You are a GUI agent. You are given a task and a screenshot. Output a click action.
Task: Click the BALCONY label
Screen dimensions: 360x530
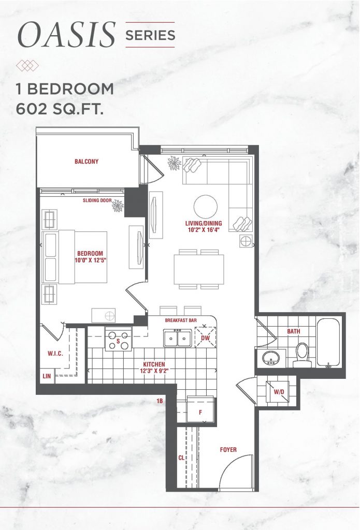pyautogui.click(x=87, y=161)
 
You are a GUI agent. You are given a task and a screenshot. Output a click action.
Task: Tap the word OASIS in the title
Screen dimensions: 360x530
pyautogui.click(x=67, y=35)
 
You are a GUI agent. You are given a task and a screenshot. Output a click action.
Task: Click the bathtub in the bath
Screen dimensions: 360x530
pyautogui.click(x=328, y=343)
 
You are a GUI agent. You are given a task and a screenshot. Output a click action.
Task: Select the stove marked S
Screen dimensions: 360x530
pyautogui.click(x=118, y=340)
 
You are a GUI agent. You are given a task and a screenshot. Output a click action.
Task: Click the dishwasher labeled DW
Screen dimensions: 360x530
pyautogui.click(x=205, y=337)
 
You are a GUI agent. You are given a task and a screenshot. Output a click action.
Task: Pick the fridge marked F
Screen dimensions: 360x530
pyautogui.click(x=200, y=410)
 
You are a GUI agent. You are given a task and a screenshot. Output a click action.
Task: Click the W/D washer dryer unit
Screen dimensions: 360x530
pyautogui.click(x=278, y=391)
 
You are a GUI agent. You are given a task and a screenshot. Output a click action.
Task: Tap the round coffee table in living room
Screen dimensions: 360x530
pyautogui.click(x=206, y=207)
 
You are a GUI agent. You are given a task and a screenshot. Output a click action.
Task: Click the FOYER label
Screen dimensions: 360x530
pyautogui.click(x=228, y=450)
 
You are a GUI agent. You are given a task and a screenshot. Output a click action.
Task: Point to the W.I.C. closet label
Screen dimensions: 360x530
pyautogui.click(x=55, y=354)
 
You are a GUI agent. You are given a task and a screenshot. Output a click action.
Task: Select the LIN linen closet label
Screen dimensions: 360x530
pyautogui.click(x=47, y=376)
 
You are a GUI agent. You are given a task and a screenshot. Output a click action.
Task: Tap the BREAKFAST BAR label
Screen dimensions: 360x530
pyautogui.click(x=181, y=320)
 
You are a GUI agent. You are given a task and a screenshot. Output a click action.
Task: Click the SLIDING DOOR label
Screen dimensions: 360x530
pyautogui.click(x=97, y=200)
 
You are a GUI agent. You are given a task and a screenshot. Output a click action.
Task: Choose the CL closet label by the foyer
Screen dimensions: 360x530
pyautogui.click(x=181, y=458)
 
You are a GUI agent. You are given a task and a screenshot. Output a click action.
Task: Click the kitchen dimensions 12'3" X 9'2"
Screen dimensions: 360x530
pyautogui.click(x=154, y=371)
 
